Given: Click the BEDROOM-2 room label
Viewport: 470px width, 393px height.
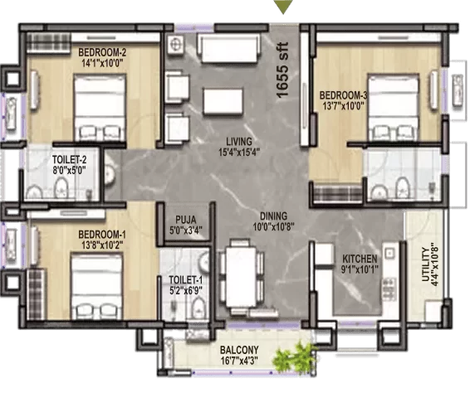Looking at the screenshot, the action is (102, 53).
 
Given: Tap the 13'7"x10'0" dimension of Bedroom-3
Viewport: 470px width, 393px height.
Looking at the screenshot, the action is (343, 105).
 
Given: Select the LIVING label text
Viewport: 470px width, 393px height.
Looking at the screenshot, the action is (239, 141).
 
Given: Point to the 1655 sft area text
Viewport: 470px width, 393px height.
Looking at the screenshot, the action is (282, 70).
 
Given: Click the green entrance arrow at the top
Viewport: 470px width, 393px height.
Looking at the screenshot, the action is (283, 6).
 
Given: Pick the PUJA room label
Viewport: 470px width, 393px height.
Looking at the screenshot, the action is (186, 220).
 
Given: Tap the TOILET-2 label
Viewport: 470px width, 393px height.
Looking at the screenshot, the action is (69, 159).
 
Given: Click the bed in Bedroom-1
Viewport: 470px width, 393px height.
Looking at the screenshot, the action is (96, 286).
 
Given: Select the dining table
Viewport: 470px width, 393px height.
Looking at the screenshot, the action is (241, 277).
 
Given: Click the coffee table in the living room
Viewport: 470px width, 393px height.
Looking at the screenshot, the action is (223, 101).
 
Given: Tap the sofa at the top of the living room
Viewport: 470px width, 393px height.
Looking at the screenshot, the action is (229, 48).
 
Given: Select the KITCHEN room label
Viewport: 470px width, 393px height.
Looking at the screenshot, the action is (360, 259).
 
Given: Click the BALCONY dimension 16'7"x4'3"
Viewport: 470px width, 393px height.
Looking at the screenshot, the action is (239, 360).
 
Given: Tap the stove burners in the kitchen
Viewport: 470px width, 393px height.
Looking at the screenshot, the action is (389, 289).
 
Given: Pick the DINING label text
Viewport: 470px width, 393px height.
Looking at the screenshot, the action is (273, 216).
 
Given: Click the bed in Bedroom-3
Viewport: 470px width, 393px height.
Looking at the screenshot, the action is (393, 107).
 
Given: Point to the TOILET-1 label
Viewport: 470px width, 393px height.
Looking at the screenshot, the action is (186, 280).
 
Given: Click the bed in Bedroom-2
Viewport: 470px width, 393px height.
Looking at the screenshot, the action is (100, 108).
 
